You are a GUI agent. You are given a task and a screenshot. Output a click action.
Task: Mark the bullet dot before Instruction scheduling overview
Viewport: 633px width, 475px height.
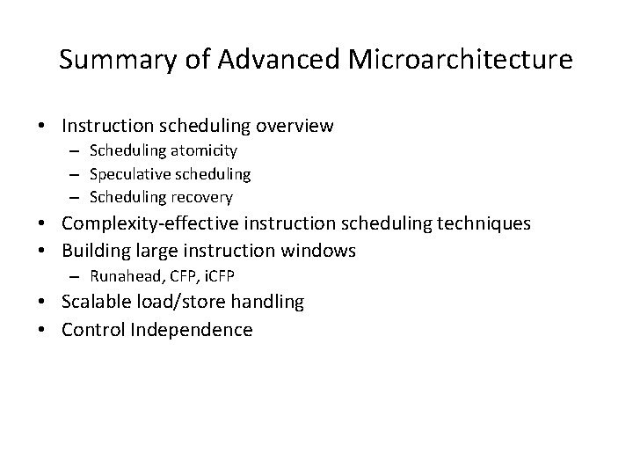(x=43, y=127)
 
